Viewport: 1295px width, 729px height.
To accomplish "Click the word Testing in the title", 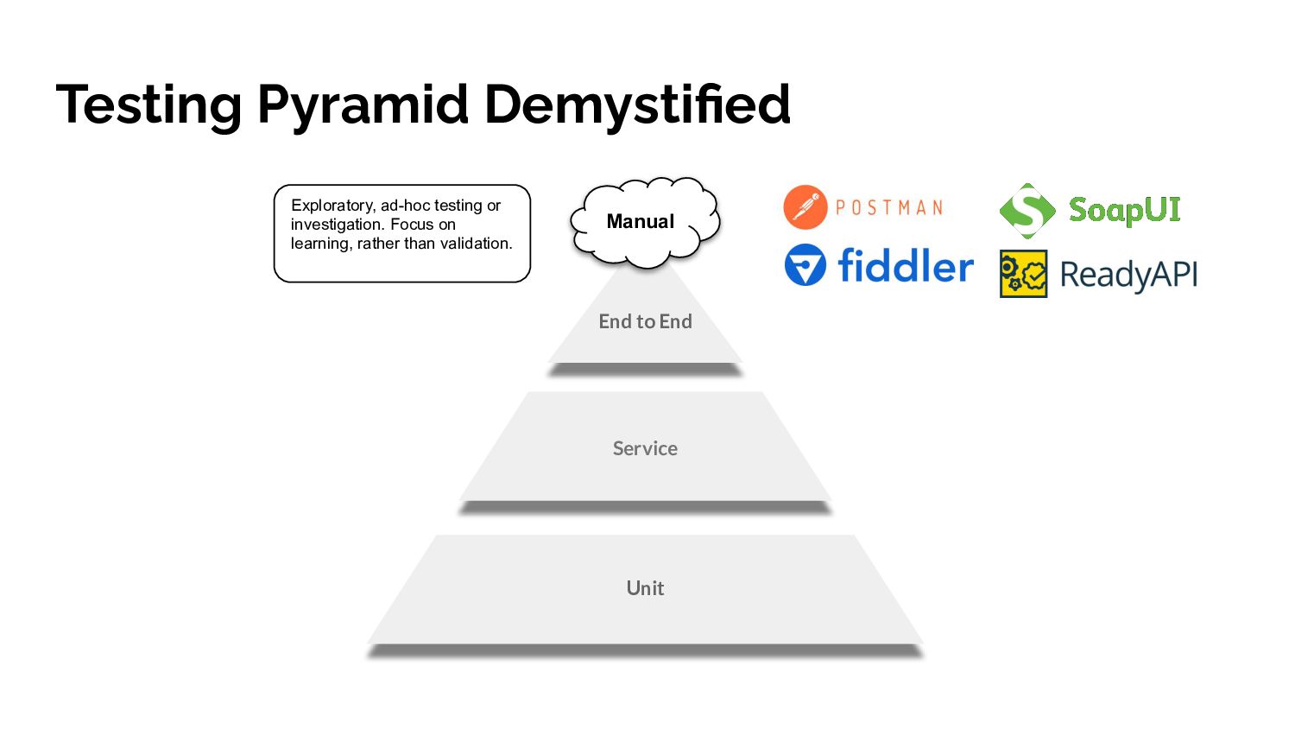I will click(148, 105).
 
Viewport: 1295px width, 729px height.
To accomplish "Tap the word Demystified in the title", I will click(636, 105).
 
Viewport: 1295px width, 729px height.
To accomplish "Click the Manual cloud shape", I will click(643, 222).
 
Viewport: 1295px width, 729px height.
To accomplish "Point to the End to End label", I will click(645, 321).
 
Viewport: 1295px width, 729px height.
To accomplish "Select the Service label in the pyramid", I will click(645, 448).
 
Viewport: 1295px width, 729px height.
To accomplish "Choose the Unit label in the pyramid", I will click(645, 588).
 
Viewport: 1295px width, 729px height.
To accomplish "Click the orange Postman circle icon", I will click(805, 207).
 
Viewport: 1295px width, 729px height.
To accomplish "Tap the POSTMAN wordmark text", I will click(889, 208).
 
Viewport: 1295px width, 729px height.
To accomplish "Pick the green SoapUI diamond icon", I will click(1027, 210).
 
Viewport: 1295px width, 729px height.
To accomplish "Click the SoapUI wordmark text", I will click(1124, 210).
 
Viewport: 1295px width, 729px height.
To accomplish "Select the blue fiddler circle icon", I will click(805, 265).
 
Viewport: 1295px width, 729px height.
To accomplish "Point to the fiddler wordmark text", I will click(905, 266).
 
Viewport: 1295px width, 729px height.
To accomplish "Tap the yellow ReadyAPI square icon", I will click(1023, 274).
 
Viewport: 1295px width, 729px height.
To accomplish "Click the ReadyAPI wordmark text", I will click(1128, 275).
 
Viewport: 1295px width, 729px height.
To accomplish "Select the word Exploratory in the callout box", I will click(332, 206).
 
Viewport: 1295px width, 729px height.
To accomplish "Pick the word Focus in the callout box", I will click(412, 225).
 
